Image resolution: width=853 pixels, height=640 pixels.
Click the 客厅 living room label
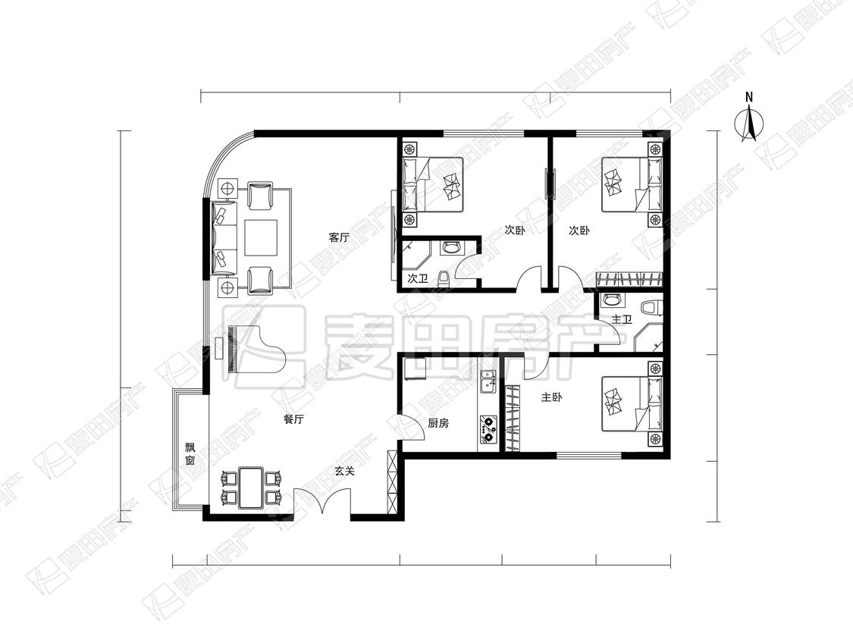338,237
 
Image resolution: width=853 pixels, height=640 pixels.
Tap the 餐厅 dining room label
293,419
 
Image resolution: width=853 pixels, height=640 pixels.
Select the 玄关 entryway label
344,472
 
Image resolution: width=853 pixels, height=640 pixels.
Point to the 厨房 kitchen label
438,423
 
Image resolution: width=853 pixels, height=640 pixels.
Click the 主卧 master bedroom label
552,397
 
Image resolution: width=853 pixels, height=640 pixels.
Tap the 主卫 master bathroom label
621,319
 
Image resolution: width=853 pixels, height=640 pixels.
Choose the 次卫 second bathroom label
418,278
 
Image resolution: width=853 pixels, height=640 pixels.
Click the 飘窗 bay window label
190,454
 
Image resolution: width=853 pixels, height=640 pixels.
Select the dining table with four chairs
251,486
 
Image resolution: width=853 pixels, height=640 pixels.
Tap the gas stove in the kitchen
488,429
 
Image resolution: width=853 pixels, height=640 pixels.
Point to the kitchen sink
488,381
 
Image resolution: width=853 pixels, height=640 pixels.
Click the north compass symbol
749,118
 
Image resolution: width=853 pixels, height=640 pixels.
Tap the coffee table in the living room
261,238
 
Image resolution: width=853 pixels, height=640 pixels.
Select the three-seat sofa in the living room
224,237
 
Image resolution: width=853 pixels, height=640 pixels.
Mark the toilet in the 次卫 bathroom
444,278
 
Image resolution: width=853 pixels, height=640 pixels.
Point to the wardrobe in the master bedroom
513,419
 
